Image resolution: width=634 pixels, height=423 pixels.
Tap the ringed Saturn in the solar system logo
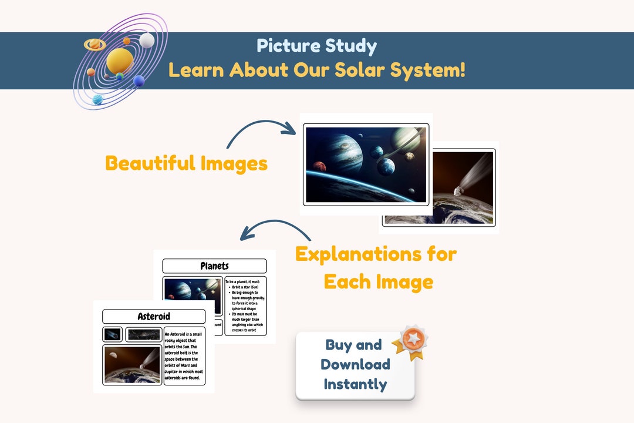94,44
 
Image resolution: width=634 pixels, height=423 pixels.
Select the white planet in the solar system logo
147,41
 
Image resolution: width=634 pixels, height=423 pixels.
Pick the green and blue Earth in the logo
120,76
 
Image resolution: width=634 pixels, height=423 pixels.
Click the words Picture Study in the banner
316,46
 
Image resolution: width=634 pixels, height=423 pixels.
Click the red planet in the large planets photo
319,166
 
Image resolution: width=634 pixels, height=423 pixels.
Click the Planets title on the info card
214,266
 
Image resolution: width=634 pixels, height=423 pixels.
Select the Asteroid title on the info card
154,317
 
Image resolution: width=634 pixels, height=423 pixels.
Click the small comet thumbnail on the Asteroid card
112,334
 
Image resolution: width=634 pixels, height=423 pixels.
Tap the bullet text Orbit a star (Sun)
246,288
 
